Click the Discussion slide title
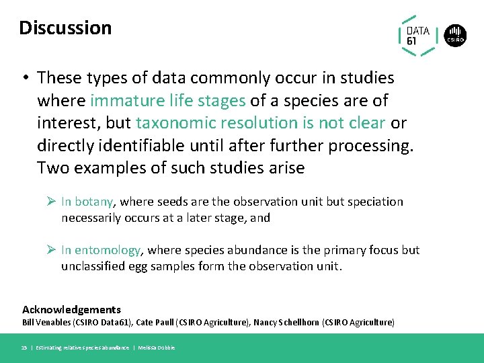[65, 28]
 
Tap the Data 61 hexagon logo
[418, 36]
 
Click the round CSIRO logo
[456, 36]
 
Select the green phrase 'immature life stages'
[167, 100]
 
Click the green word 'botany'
[95, 202]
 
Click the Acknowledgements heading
[71, 310]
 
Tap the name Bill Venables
[46, 323]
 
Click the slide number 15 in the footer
[25, 348]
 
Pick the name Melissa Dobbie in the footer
[157, 348]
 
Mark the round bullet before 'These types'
[25, 78]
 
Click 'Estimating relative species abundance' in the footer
[82, 348]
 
